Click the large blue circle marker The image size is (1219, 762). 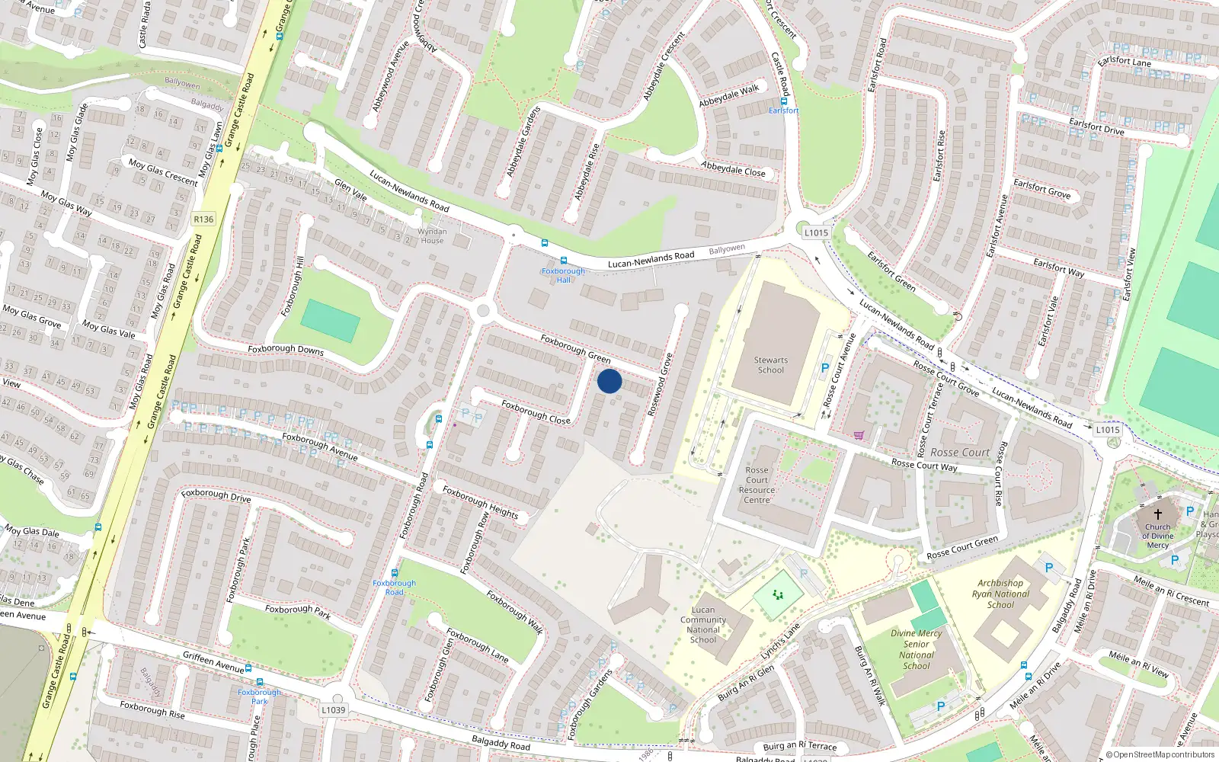[x=609, y=381]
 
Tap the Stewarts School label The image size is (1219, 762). [x=770, y=365]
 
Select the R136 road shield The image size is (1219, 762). [x=203, y=219]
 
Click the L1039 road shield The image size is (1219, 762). [x=333, y=709]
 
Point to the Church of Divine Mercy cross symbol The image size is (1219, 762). [x=1157, y=514]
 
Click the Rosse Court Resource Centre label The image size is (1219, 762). [x=757, y=485]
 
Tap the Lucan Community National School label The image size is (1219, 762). [x=702, y=625]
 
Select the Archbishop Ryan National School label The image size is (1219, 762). [x=1000, y=594]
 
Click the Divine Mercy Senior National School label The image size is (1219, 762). [x=916, y=649]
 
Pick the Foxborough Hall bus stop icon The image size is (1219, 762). [x=563, y=261]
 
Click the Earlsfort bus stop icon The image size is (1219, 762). [x=783, y=101]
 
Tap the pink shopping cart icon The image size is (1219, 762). [x=859, y=435]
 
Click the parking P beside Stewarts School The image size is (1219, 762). [x=824, y=368]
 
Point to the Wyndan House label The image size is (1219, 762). [x=432, y=235]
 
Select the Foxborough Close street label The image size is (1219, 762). [x=536, y=412]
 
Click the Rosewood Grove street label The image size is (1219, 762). [x=660, y=385]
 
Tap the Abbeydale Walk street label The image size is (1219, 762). [x=729, y=95]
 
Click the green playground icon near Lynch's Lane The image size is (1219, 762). [x=777, y=594]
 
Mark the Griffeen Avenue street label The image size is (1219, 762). [x=213, y=661]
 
